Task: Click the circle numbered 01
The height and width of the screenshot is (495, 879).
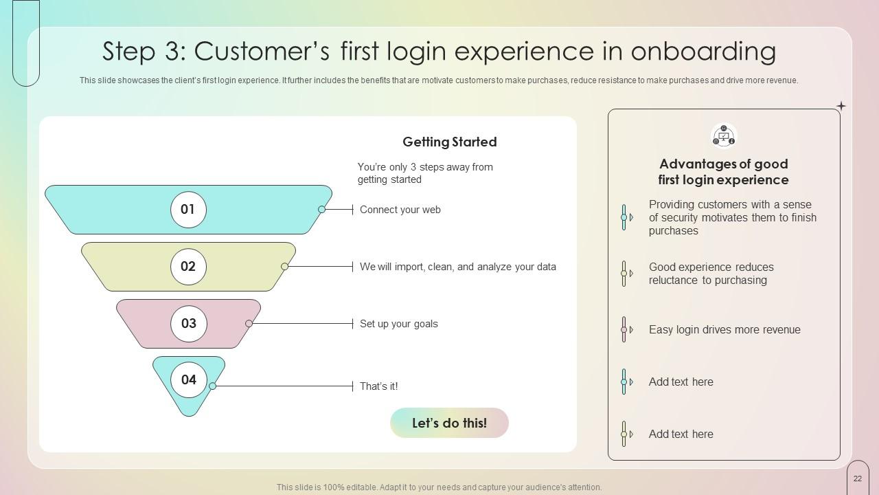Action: point(188,210)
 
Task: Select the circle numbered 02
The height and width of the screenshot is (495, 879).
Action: point(188,266)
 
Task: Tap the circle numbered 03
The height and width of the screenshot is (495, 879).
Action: point(188,323)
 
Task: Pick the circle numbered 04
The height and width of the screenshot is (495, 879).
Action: point(188,379)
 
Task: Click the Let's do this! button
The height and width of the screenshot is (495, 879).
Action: point(449,423)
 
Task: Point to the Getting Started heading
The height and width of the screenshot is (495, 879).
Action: point(450,142)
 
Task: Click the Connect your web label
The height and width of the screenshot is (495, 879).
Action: point(400,210)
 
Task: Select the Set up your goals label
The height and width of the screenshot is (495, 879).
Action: point(399,324)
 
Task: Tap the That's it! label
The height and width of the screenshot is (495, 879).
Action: point(378,386)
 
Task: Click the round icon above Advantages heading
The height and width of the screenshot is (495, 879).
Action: point(724,136)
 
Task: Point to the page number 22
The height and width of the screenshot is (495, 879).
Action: point(858,478)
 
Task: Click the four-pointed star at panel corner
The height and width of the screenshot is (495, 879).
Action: point(841,106)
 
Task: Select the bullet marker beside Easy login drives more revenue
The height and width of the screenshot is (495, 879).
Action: point(626,329)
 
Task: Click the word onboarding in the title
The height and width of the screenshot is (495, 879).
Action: point(703,52)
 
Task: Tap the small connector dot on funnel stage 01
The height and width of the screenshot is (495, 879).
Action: point(322,210)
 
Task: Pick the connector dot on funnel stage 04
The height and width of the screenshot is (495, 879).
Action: point(213,386)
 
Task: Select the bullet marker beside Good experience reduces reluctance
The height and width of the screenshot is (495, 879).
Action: point(626,274)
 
